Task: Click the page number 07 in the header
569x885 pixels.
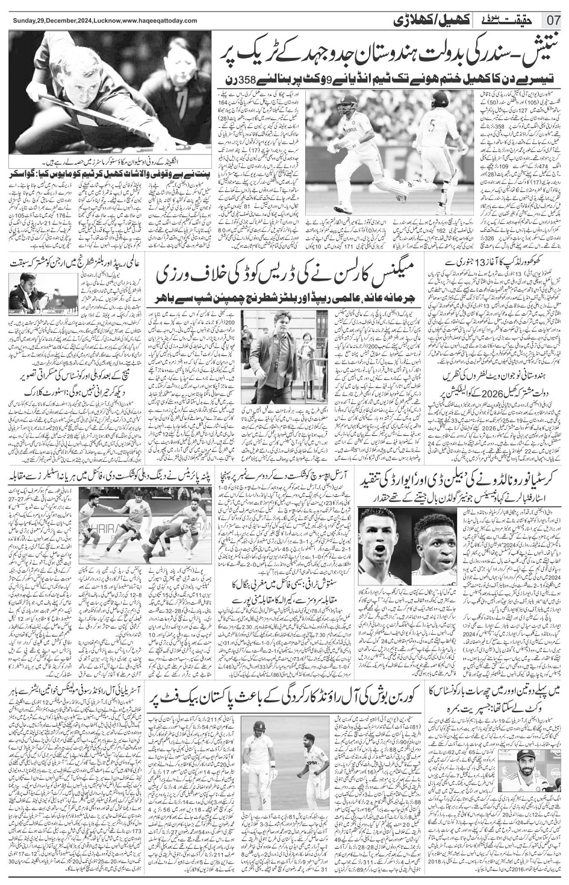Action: tap(553, 20)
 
